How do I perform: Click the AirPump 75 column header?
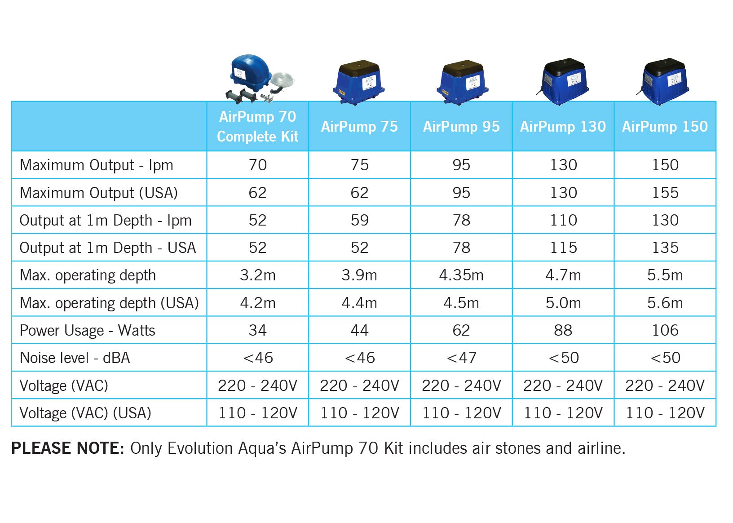[x=359, y=127]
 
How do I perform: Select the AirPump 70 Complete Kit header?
[x=257, y=126]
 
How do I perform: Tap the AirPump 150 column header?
[x=665, y=127]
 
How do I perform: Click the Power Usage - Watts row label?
[x=88, y=331]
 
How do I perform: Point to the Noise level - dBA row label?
[x=75, y=358]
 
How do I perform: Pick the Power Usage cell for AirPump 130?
[x=563, y=330]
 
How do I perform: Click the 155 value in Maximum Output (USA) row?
[x=665, y=193]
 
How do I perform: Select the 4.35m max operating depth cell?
[x=461, y=275]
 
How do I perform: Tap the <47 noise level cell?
[x=461, y=358]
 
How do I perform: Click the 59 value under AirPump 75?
[x=359, y=220]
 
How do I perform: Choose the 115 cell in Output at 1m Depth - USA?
[x=563, y=248]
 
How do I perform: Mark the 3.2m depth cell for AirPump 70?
[x=257, y=275]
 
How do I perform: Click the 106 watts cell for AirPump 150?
[x=665, y=330]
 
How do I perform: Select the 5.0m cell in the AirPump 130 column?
[x=563, y=303]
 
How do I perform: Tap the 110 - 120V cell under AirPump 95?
[x=461, y=413]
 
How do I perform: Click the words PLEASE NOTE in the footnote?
[x=67, y=448]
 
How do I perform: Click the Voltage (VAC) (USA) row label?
[x=85, y=413]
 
